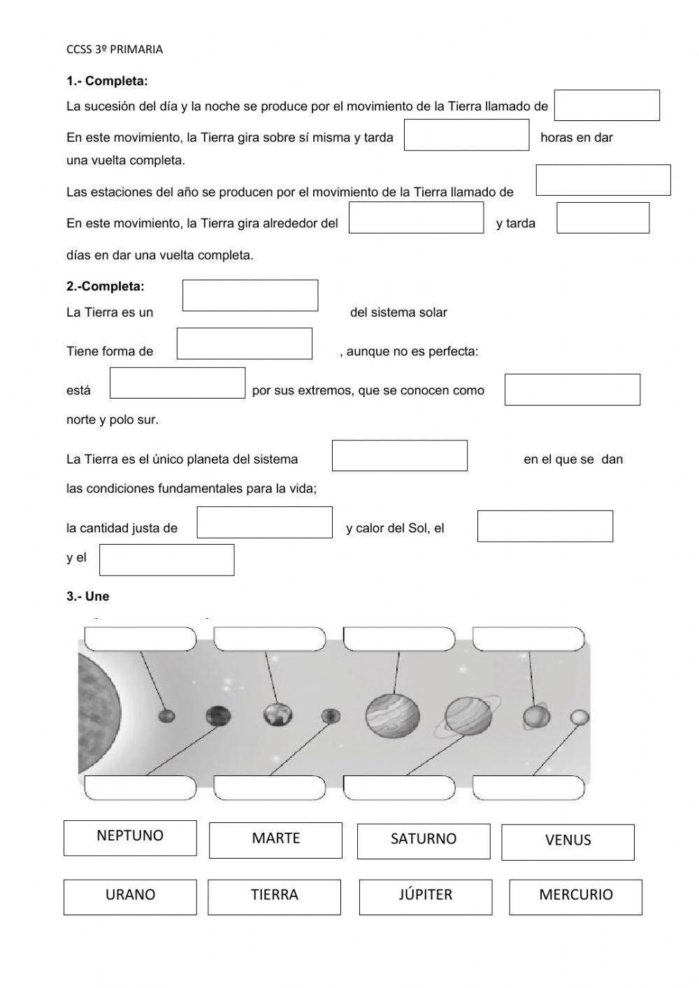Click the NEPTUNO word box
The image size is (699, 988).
(130, 837)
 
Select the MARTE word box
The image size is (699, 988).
(275, 840)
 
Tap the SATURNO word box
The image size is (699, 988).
(423, 840)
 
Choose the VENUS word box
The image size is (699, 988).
(568, 842)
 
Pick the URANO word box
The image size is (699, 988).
(130, 896)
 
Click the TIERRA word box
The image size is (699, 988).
(274, 896)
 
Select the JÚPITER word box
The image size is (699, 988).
(425, 896)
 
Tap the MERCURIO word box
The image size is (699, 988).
(575, 896)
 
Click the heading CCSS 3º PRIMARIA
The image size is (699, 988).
(115, 49)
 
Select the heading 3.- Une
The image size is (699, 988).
(88, 596)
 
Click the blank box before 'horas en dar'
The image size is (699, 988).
(466, 135)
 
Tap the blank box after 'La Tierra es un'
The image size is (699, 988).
(250, 295)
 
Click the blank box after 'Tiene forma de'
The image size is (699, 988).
(244, 343)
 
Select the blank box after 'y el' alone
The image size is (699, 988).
(166, 559)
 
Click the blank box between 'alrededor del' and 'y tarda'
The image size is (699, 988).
(416, 217)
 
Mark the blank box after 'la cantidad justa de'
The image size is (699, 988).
(264, 522)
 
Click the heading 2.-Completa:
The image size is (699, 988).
(106, 286)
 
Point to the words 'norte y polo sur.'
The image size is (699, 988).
(113, 420)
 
